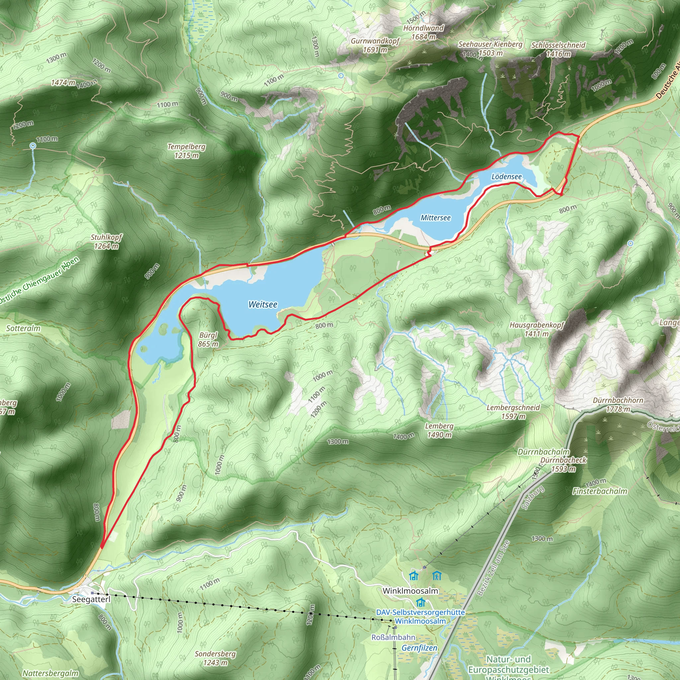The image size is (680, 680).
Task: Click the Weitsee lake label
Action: coord(263,304)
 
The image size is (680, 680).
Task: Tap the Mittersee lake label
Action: coord(435,218)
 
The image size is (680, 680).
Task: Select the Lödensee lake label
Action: coord(506,177)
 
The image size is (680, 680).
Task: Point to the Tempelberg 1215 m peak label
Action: coord(187,151)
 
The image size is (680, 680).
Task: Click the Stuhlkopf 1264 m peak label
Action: coord(106,241)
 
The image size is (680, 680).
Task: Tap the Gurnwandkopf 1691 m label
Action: coord(375,45)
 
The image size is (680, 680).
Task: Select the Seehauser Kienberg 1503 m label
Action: coord(490,48)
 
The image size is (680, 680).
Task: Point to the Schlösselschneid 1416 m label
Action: coord(558,49)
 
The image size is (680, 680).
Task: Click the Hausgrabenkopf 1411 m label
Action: coord(537,329)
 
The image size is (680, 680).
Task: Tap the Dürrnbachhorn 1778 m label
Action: coord(618,405)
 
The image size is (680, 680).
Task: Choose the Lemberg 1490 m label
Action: coord(439,430)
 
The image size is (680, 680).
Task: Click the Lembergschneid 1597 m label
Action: coord(513,412)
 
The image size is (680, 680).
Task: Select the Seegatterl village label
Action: coord(91,599)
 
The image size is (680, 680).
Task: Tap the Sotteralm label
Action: coord(23,328)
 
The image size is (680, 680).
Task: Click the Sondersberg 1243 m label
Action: coord(215,658)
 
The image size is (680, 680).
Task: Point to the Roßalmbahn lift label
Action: coord(393,637)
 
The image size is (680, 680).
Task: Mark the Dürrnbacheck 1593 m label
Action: coord(563,465)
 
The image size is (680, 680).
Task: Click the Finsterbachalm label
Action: coord(600,491)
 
